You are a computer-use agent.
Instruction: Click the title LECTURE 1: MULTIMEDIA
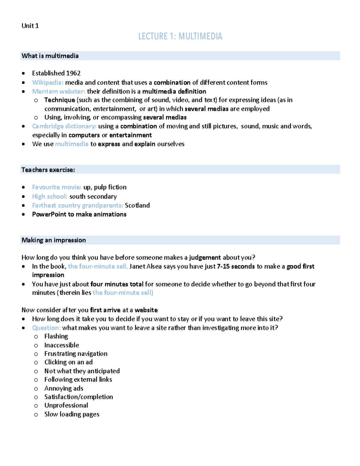coord(180,36)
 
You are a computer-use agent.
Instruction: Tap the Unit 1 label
coord(30,26)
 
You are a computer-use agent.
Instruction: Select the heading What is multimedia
coord(50,56)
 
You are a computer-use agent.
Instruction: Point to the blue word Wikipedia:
coord(48,83)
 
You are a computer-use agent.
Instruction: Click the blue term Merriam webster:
coord(58,91)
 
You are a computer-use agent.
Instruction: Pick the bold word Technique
coord(60,100)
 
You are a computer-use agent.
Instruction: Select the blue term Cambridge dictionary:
coord(64,126)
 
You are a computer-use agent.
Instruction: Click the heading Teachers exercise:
coord(48,170)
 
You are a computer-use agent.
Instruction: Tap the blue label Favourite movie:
coord(57,187)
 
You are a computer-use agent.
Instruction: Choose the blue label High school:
coord(50,197)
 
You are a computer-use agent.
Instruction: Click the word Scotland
coord(137,205)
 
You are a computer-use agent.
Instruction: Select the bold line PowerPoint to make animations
coord(79,214)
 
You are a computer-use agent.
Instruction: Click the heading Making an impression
coord(54,240)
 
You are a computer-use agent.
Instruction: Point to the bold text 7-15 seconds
coord(236,266)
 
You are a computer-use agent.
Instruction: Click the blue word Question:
coord(46,328)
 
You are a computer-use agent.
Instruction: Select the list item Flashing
coord(56,336)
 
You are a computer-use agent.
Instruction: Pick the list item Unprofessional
coord(66,405)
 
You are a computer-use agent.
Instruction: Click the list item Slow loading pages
coord(72,414)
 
